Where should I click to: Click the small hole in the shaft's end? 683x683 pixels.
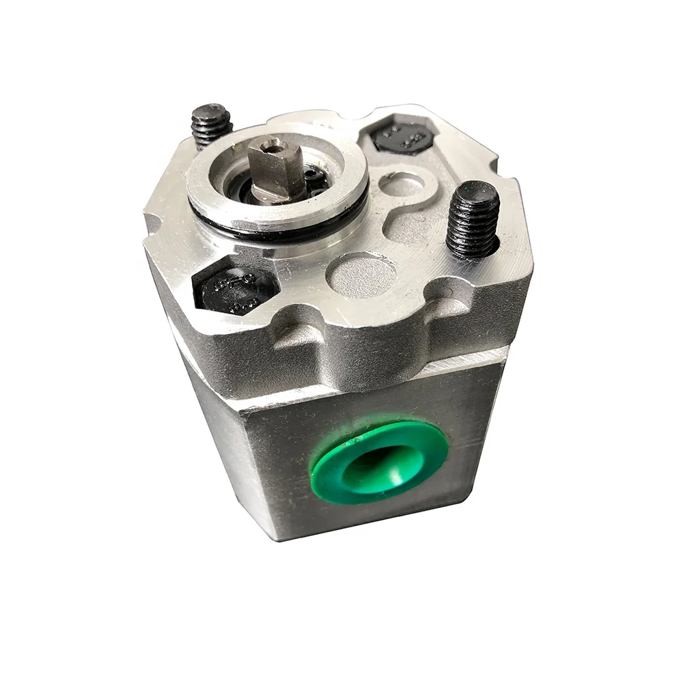click(273, 144)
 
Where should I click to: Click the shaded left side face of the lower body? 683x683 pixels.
click(212, 423)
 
